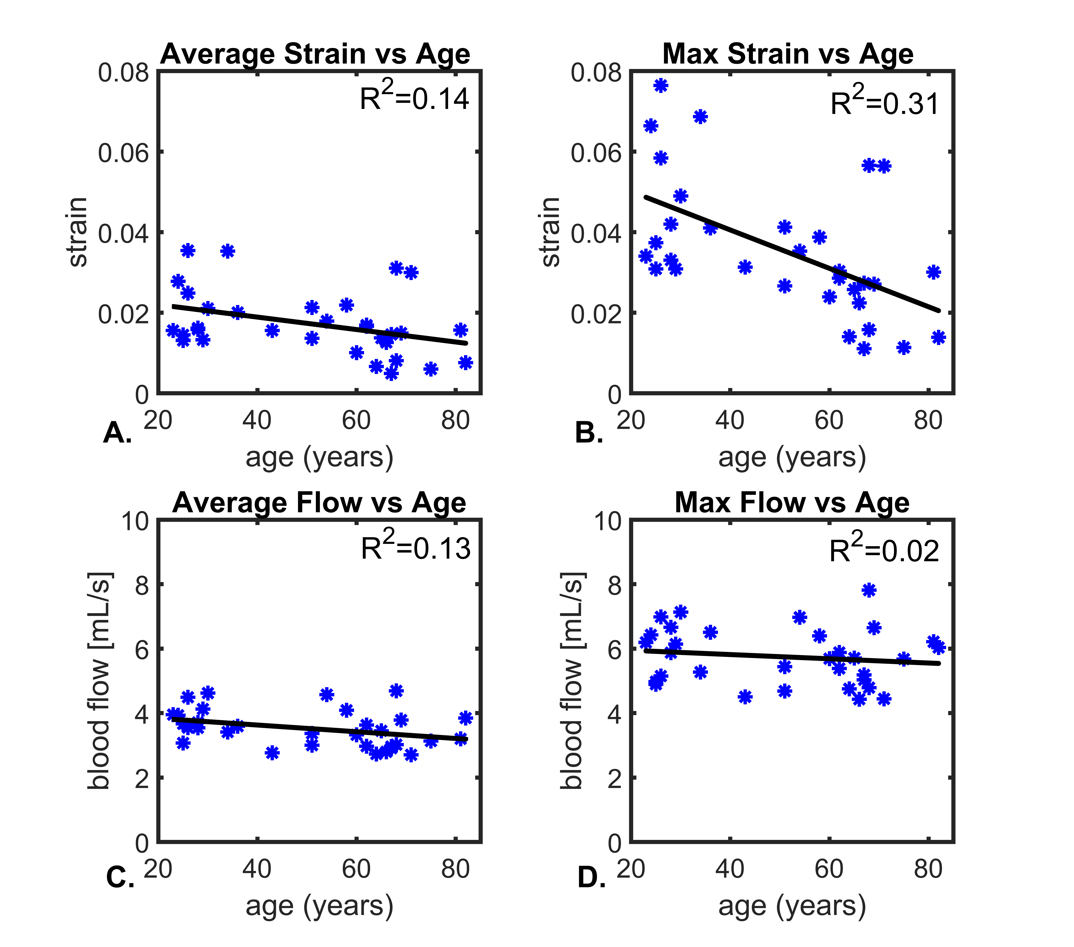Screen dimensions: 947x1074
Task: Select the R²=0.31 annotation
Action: pos(885,101)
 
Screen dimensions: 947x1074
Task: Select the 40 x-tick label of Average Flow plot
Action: pos(257,870)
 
